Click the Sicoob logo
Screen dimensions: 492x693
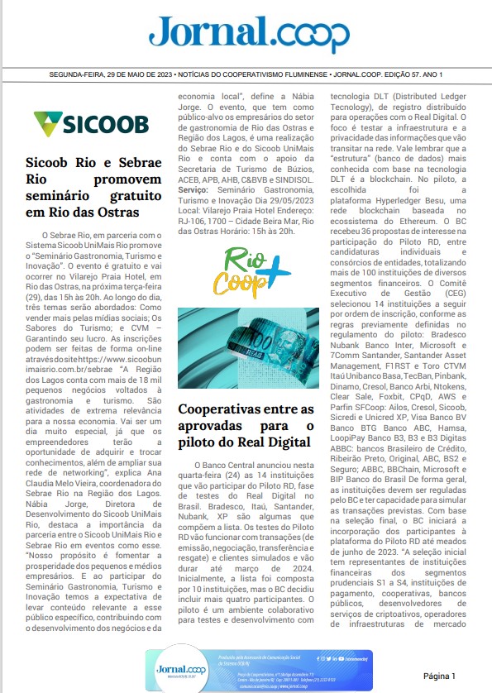tap(91, 125)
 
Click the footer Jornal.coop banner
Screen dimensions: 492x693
tap(246, 668)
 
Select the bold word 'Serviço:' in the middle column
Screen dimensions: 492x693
tap(198, 189)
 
